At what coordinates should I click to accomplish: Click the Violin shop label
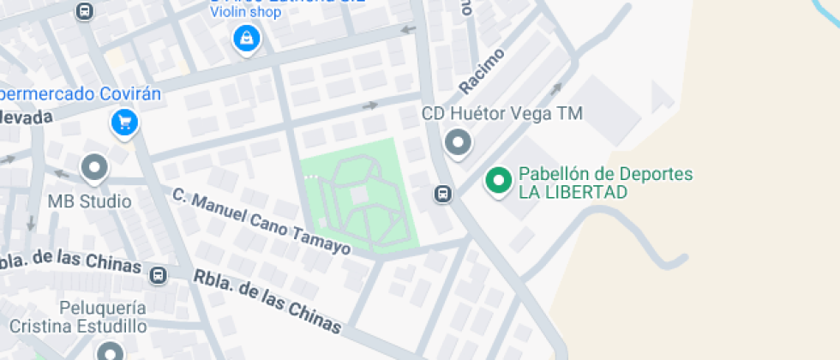247,13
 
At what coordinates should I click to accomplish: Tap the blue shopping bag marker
247,39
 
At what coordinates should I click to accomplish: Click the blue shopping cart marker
125,123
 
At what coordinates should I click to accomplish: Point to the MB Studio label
90,202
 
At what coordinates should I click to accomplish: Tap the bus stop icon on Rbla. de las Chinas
159,275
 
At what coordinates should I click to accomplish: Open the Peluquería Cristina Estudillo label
78,317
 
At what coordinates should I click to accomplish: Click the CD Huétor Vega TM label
501,114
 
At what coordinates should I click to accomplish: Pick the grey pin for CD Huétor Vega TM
459,142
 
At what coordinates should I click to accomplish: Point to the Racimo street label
482,70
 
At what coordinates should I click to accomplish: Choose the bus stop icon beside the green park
443,194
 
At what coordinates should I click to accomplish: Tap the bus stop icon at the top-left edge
84,11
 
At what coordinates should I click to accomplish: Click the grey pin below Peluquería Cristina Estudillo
111,351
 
